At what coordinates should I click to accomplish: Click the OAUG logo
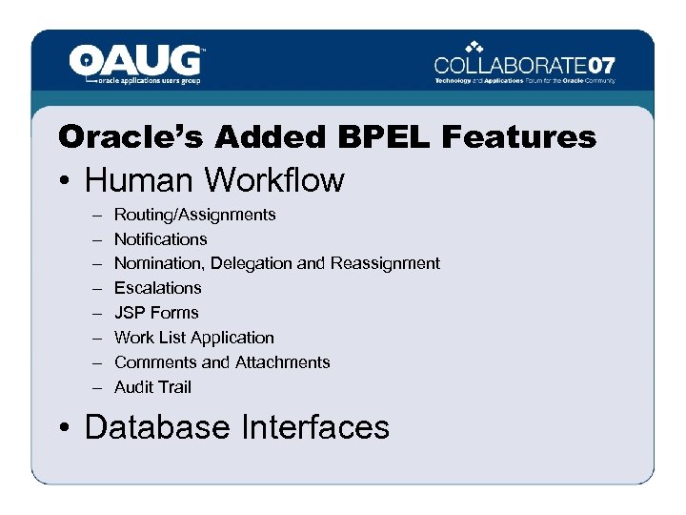(x=136, y=64)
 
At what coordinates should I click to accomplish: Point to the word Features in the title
(x=518, y=137)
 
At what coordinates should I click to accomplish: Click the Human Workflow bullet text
(x=214, y=180)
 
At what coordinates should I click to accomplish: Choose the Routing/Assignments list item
(x=194, y=215)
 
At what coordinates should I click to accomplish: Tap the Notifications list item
(x=160, y=239)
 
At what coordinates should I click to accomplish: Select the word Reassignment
(x=385, y=263)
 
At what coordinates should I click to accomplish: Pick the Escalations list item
(x=157, y=288)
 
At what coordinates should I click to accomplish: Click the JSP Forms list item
(x=156, y=313)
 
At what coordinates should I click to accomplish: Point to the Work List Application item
(x=193, y=338)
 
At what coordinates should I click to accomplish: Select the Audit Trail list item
(x=152, y=387)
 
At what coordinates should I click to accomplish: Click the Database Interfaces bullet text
(x=237, y=427)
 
